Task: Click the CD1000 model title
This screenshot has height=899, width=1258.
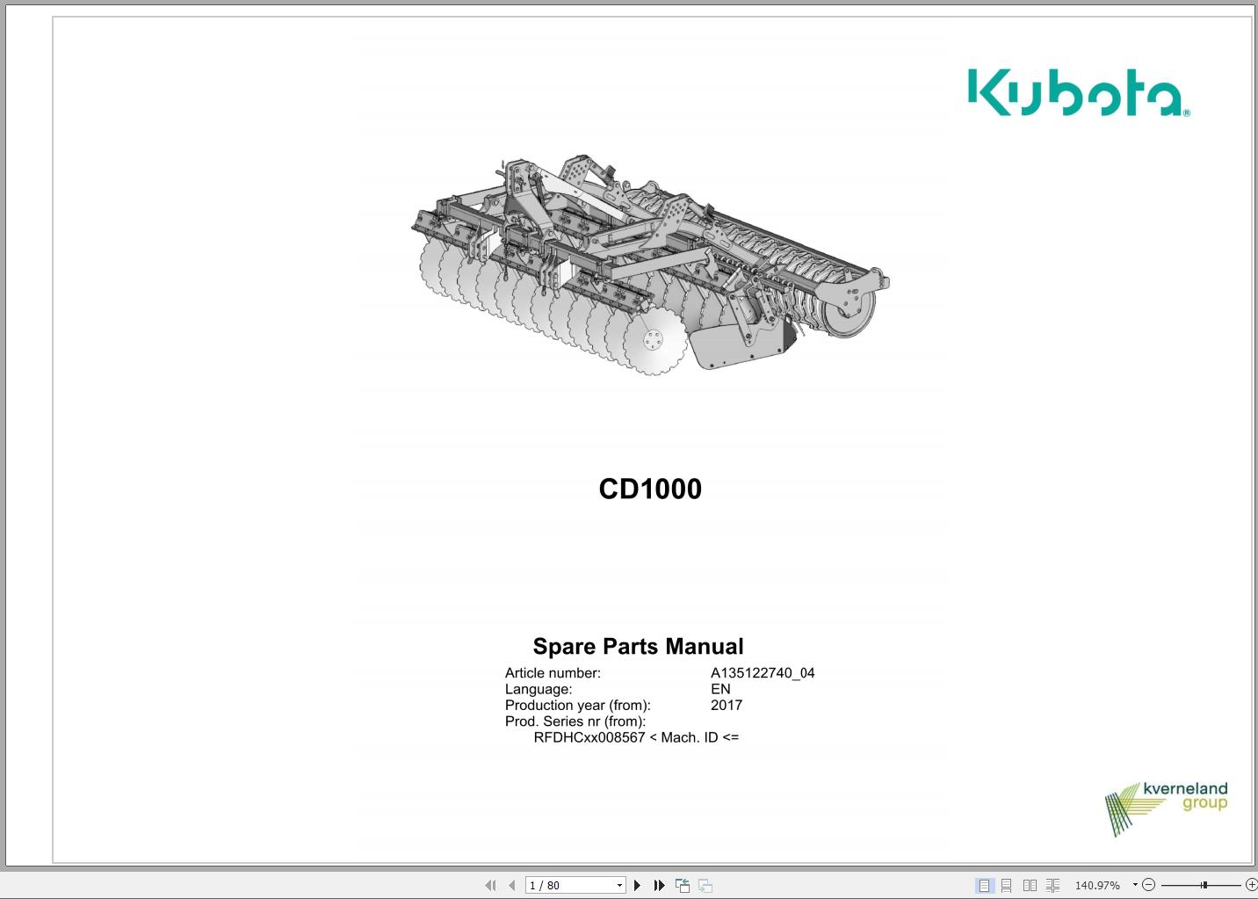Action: pyautogui.click(x=650, y=489)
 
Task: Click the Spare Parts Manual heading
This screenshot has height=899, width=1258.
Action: pyautogui.click(x=638, y=647)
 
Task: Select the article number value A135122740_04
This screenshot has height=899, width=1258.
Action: pyautogui.click(x=763, y=673)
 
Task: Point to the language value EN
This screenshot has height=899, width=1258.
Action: pyautogui.click(x=720, y=689)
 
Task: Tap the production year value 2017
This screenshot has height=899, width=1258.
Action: pyautogui.click(x=727, y=705)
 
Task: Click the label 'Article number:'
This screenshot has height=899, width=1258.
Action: pyautogui.click(x=553, y=673)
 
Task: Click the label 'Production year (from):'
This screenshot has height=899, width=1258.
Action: pyautogui.click(x=577, y=705)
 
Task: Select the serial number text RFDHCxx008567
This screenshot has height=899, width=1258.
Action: pyautogui.click(x=589, y=737)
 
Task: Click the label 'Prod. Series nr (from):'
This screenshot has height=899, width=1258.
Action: pyautogui.click(x=575, y=721)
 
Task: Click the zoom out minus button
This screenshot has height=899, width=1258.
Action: pyautogui.click(x=1148, y=885)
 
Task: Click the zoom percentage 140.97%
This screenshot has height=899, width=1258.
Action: pyautogui.click(x=1097, y=885)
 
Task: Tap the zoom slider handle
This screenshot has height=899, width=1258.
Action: pyautogui.click(x=1204, y=885)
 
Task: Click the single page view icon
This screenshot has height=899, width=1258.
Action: pyautogui.click(x=984, y=885)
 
